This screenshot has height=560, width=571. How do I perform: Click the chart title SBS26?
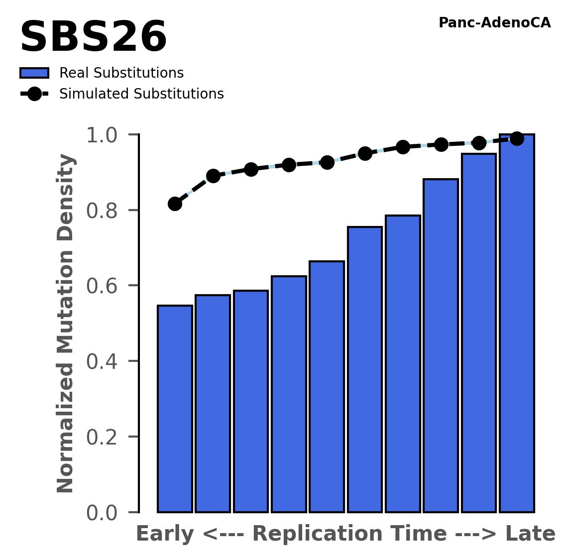[x=93, y=38]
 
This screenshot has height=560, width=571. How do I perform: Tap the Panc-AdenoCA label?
[x=494, y=23]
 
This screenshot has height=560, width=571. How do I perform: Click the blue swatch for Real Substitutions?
[x=34, y=73]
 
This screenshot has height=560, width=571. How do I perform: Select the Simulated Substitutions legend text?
[x=141, y=94]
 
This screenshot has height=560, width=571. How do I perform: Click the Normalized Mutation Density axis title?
[x=66, y=324]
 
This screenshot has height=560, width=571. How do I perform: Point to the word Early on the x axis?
[x=165, y=534]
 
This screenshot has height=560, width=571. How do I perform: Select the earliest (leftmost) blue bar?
[x=175, y=408]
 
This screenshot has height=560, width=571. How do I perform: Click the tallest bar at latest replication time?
[x=517, y=324]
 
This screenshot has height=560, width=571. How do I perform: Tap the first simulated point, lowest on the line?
[x=175, y=204]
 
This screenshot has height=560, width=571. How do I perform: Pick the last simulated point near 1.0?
[x=517, y=138]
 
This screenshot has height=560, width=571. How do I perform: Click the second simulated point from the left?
[x=213, y=176]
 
